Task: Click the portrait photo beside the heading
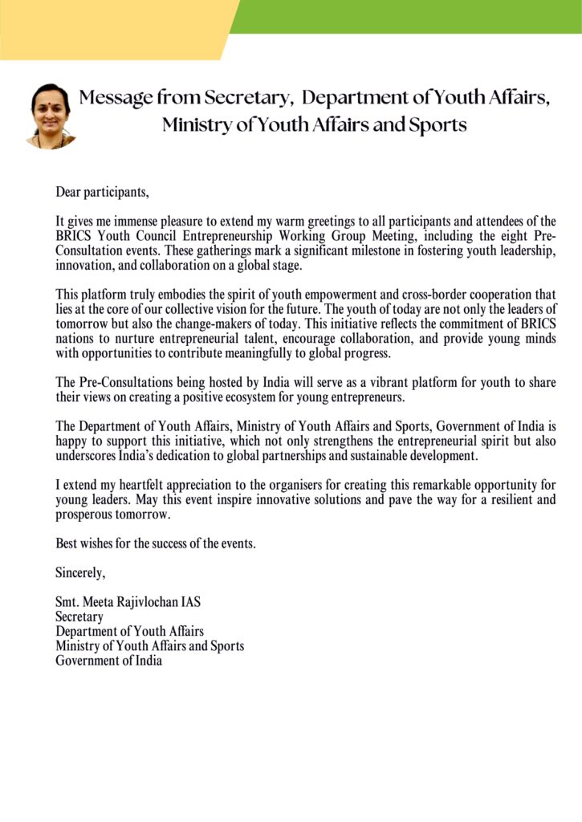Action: pyautogui.click(x=51, y=115)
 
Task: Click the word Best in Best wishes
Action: pyautogui.click(x=67, y=543)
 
